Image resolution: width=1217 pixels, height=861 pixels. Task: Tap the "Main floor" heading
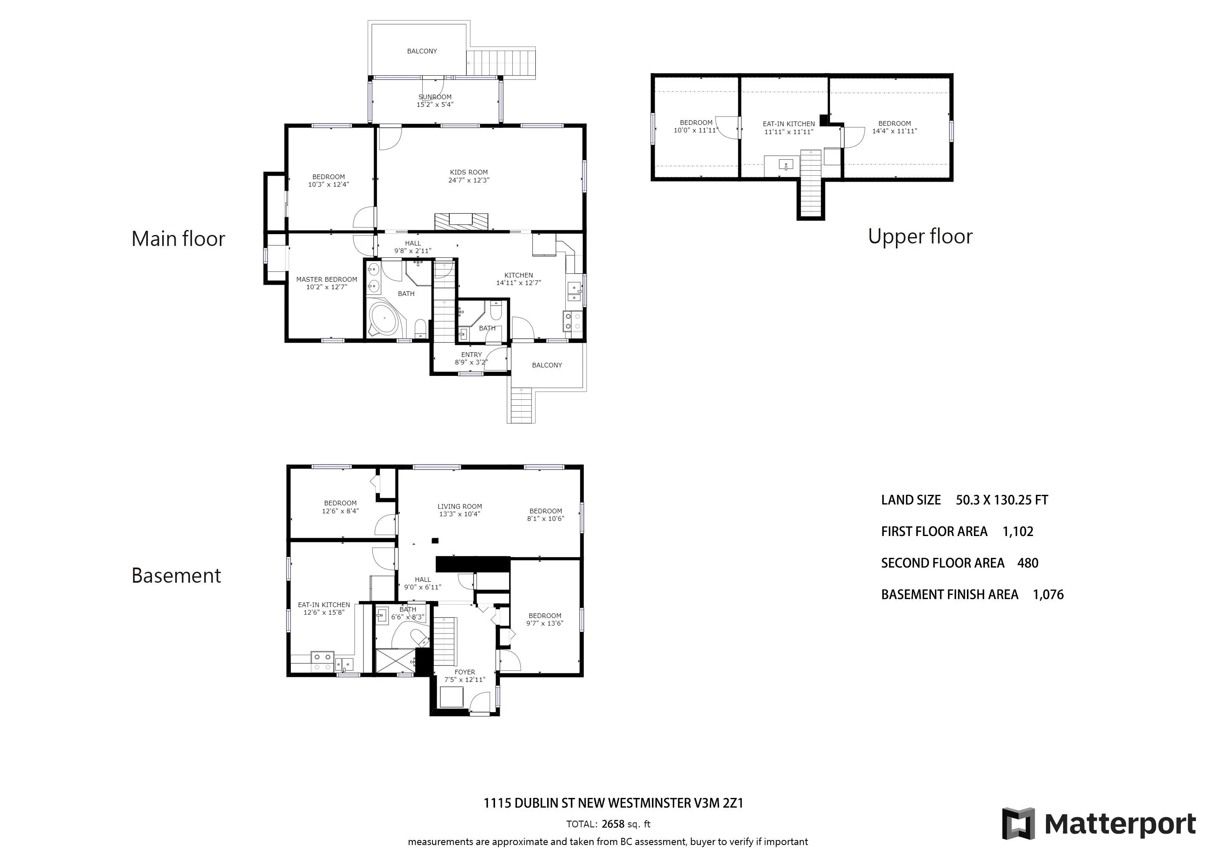coord(178,238)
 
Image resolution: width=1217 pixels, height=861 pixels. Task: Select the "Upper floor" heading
coord(920,236)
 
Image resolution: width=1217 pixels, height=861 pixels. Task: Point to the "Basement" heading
coord(176,575)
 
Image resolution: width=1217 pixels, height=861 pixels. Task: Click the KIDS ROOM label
coord(469,172)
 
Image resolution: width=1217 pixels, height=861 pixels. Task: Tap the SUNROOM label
coord(435,97)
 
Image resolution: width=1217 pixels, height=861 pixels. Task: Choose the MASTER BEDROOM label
coord(327,280)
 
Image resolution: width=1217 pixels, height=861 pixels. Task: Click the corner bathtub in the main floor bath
coord(387,319)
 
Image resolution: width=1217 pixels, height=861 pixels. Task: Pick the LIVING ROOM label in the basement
coord(460,506)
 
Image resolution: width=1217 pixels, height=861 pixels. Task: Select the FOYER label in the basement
coord(465,672)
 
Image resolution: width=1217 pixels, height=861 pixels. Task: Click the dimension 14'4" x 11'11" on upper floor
coord(895,131)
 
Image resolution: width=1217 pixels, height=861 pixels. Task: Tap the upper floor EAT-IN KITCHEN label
coord(789,124)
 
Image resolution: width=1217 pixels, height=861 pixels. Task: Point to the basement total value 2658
coord(613,824)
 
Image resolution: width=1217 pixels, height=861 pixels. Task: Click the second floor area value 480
coord(1028,563)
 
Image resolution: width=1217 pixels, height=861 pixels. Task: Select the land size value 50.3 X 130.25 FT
coord(1002,500)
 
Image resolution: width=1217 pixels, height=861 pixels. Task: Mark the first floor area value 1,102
coord(1018,532)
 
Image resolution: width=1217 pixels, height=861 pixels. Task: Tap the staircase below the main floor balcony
coord(522,406)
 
